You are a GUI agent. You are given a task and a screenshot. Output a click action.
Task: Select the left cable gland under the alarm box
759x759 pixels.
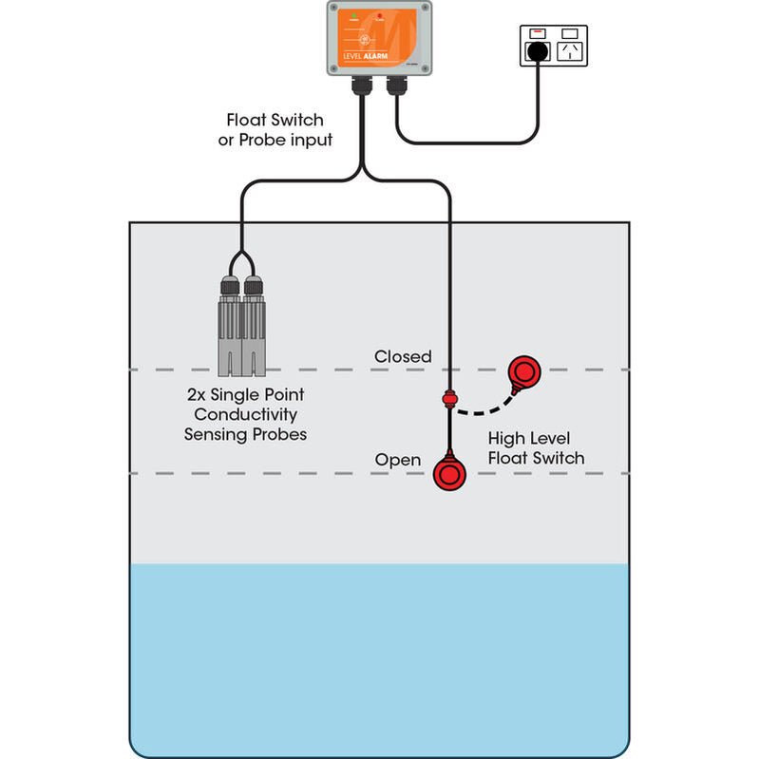tap(362, 87)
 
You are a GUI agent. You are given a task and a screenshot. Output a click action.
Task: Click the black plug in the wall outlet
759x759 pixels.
tap(539, 49)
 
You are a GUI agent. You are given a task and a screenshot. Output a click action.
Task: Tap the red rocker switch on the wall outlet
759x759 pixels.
tap(537, 32)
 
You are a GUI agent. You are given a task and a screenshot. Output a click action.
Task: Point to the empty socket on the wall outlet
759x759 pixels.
tap(570, 50)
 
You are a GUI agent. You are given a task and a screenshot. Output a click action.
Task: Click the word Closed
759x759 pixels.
tap(403, 356)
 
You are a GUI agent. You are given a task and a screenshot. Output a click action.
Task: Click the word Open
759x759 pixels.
tap(397, 460)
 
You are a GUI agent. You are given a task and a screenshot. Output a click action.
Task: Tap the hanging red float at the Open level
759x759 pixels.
tap(449, 472)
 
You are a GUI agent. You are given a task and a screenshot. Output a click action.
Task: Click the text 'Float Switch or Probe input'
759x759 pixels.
tap(275, 130)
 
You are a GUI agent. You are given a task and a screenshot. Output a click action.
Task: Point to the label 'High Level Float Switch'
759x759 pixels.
tap(536, 448)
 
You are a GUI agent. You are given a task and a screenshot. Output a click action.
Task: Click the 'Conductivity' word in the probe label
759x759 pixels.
tap(245, 414)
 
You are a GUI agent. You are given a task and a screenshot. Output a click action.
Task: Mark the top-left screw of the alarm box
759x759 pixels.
tap(333, 7)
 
